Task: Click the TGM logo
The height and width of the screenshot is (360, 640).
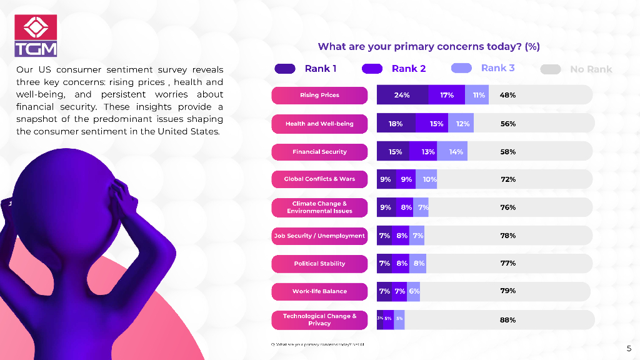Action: click(x=36, y=36)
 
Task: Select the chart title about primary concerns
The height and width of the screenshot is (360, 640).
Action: click(x=428, y=46)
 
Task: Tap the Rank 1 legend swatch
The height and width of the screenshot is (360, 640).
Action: click(x=284, y=69)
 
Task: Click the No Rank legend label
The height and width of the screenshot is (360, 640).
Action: click(x=591, y=69)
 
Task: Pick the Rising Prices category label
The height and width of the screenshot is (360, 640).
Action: click(x=319, y=95)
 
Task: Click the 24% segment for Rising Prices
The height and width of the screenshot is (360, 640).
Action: click(x=402, y=95)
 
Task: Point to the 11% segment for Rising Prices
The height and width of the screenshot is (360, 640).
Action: click(x=478, y=95)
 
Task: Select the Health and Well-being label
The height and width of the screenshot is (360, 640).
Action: click(x=319, y=124)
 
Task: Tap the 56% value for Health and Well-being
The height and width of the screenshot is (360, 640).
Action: click(x=507, y=124)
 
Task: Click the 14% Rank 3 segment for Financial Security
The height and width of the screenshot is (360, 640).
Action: click(x=455, y=152)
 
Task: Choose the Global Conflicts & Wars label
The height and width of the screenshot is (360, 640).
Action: click(x=319, y=179)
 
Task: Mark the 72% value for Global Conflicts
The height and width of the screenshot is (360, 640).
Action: click(x=507, y=179)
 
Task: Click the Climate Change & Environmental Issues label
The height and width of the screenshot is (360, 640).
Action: click(x=319, y=207)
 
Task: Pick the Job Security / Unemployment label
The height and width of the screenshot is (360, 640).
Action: click(x=319, y=236)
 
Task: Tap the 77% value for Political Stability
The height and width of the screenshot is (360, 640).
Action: click(x=507, y=264)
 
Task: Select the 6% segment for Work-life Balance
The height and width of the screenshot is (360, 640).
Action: click(x=414, y=291)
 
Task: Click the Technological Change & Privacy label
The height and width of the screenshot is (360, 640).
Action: click(x=319, y=320)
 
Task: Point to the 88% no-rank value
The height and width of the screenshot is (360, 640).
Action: click(x=507, y=320)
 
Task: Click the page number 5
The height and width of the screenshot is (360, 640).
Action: click(x=629, y=348)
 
